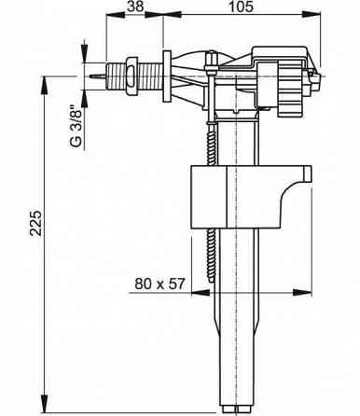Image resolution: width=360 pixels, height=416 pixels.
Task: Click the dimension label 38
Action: pos(135,6)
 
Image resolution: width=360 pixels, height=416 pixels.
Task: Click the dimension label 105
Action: pos(241,6)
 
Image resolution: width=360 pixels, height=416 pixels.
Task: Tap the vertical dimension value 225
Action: pos(35,223)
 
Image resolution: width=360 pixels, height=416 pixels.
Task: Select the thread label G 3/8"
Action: pos(76,127)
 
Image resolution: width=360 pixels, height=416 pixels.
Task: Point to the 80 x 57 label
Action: pos(159,284)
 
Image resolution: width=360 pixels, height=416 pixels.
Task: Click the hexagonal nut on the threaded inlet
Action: pos(132,76)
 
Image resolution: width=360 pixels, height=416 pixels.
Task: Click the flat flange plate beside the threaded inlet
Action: pos(167,76)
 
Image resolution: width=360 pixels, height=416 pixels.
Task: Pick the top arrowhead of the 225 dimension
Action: pos(46,85)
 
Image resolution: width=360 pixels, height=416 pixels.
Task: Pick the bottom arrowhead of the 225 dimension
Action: pos(46,404)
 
